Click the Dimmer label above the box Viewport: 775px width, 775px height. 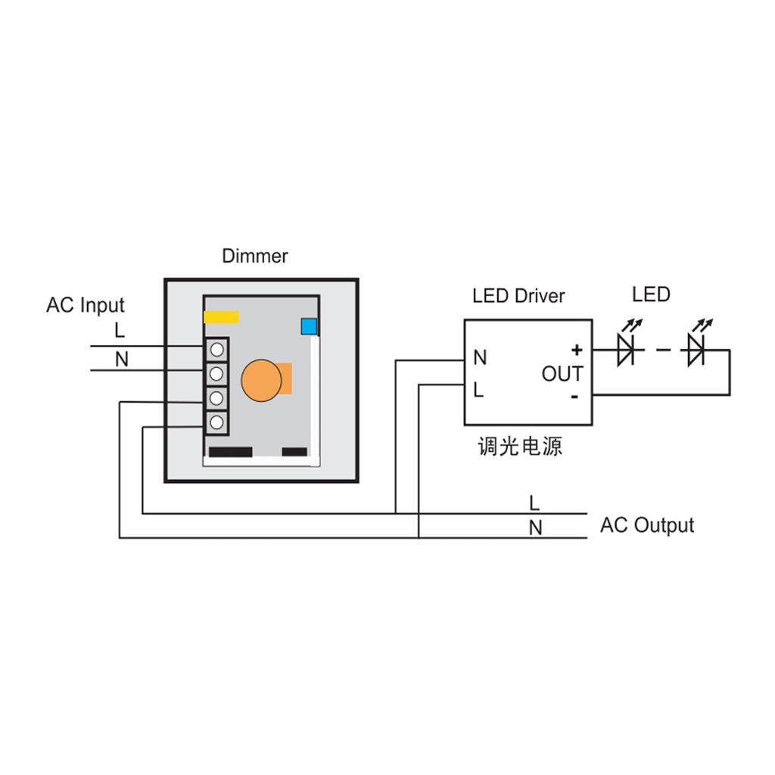(x=254, y=256)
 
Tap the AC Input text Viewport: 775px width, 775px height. (x=85, y=306)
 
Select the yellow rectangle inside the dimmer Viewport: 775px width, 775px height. (x=222, y=316)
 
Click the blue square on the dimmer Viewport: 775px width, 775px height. (x=309, y=326)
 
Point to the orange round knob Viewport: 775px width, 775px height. (x=262, y=379)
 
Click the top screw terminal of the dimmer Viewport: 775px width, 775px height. (x=217, y=350)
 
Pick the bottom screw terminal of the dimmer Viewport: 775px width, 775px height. (x=217, y=422)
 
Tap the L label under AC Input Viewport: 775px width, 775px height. (x=119, y=331)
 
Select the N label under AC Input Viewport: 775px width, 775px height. (x=121, y=359)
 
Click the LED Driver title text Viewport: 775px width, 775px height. (x=518, y=296)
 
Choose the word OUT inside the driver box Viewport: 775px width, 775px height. (x=562, y=374)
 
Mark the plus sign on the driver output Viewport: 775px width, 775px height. (x=577, y=350)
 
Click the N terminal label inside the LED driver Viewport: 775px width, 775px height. (x=480, y=358)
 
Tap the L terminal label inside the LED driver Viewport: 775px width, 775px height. (x=478, y=391)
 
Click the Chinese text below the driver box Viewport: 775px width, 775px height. (x=520, y=447)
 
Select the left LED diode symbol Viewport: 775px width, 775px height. (x=627, y=348)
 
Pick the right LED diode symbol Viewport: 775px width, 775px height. (x=696, y=348)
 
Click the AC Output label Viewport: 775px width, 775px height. (x=646, y=525)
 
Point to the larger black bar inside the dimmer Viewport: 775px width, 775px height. (x=230, y=452)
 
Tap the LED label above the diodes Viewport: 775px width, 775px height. (x=651, y=294)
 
